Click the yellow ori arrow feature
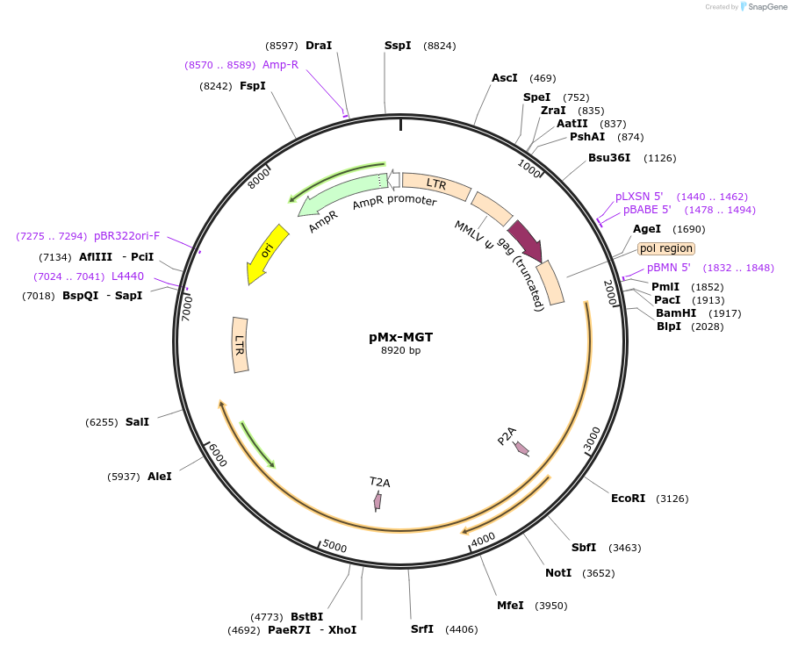[268, 254]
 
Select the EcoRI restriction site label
[628, 499]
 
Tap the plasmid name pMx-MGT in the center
[400, 337]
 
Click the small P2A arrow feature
[521, 448]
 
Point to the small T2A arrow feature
[378, 500]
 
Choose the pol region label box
[665, 248]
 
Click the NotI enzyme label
[557, 573]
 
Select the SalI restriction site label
[137, 422]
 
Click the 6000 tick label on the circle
[216, 455]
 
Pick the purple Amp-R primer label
[280, 64]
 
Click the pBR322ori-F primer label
[127, 236]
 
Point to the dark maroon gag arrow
[524, 240]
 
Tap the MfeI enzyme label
[510, 606]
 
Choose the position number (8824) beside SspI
[439, 46]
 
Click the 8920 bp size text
[400, 351]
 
